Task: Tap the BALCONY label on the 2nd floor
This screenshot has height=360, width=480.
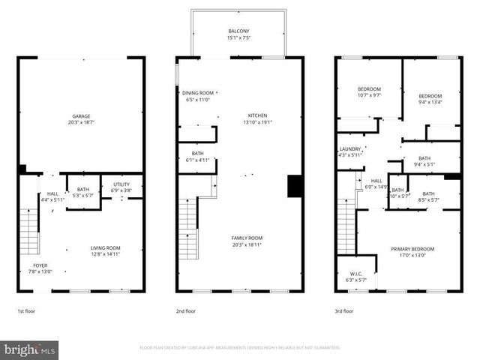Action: click(x=239, y=31)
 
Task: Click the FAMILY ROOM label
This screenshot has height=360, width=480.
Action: click(x=247, y=238)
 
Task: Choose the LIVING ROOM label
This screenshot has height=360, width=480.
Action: click(x=106, y=248)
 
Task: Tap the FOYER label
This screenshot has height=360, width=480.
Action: click(x=40, y=265)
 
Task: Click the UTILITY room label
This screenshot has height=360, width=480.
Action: click(x=121, y=184)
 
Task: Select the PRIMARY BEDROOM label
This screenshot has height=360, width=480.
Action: click(x=412, y=248)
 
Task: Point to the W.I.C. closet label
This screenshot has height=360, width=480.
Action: click(x=355, y=274)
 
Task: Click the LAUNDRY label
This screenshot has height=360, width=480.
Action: click(x=350, y=148)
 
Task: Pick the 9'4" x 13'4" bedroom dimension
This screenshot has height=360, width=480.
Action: click(x=430, y=103)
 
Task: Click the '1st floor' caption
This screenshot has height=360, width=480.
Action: click(x=26, y=310)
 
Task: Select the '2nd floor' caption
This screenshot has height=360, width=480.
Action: click(x=185, y=310)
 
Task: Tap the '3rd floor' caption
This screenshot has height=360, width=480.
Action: click(x=344, y=310)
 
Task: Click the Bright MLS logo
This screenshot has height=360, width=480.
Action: click(x=30, y=349)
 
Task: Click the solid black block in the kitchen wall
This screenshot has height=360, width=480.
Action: click(x=295, y=185)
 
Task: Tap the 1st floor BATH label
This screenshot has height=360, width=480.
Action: click(x=82, y=190)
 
